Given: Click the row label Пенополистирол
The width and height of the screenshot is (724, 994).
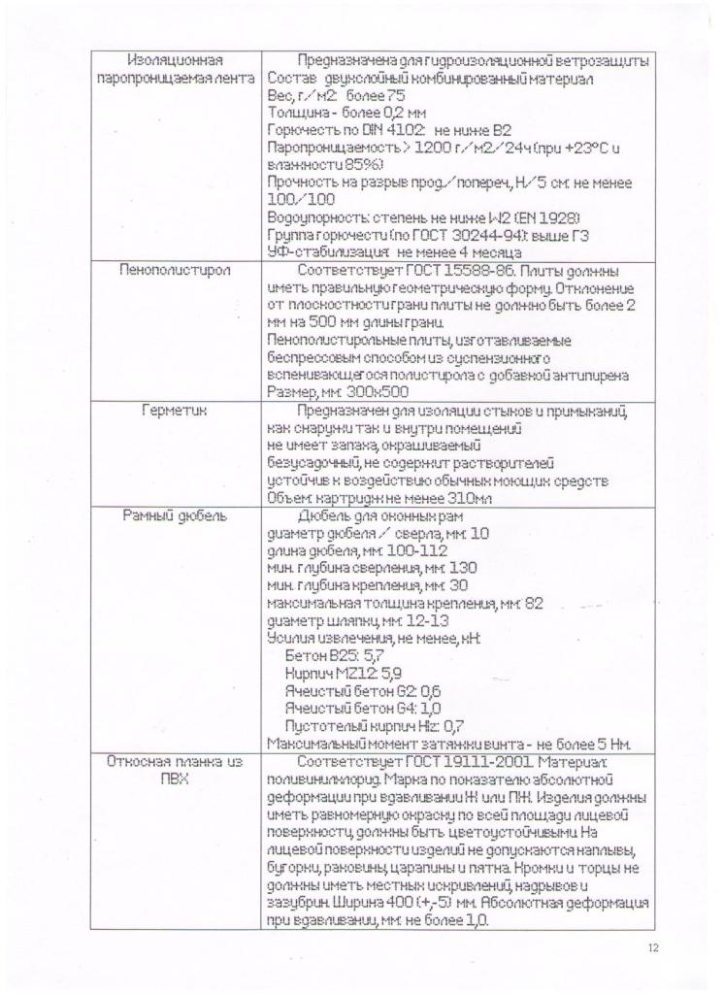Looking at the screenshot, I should coord(175,270).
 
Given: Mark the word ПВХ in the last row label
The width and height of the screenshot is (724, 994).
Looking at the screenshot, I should coord(175,779).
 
